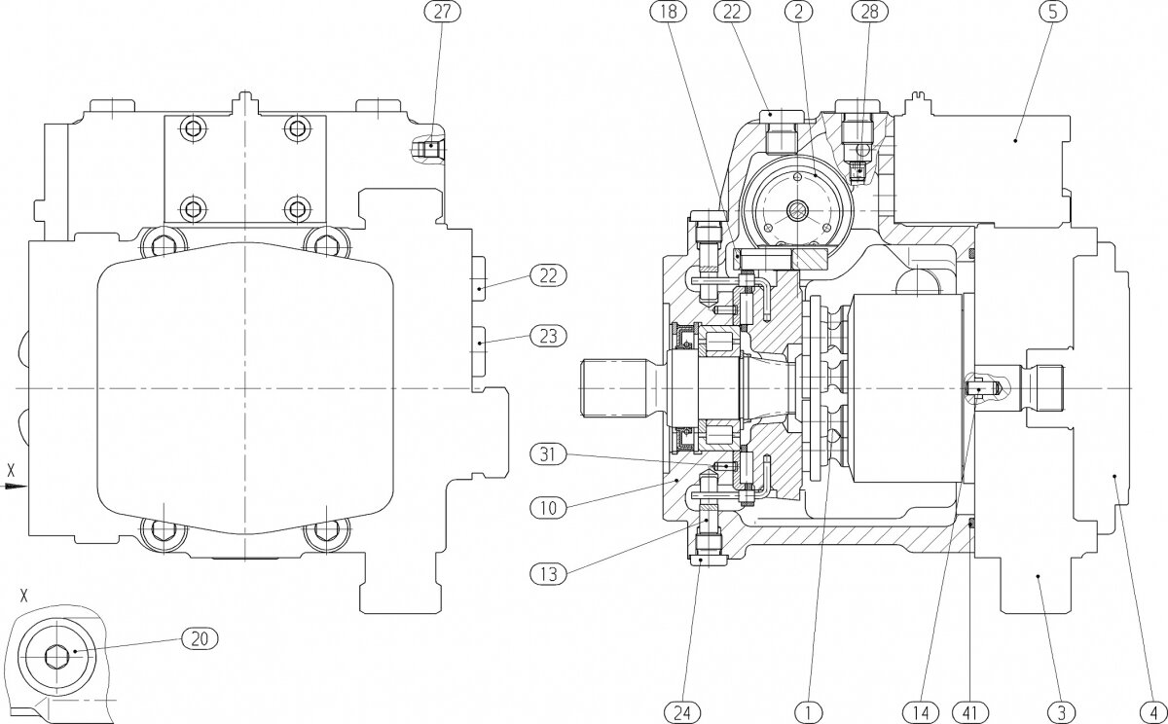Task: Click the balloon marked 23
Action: pos(546,337)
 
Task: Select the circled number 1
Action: pos(806,710)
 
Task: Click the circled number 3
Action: pos(1063,710)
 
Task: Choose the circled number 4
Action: pos(1151,710)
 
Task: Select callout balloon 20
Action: pos(200,638)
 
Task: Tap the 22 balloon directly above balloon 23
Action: pos(546,276)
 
